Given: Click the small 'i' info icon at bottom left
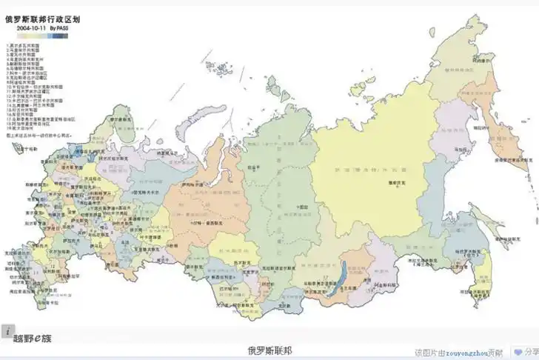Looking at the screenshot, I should tap(6, 331).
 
